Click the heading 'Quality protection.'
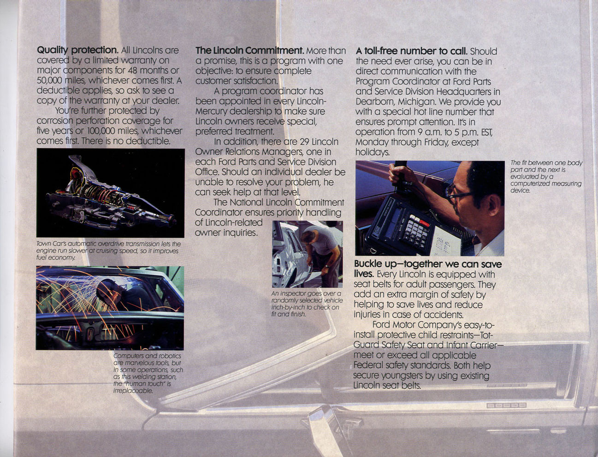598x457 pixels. (77, 51)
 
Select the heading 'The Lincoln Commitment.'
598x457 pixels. (249, 51)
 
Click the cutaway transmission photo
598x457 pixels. (110, 193)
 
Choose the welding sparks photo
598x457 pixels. (110, 308)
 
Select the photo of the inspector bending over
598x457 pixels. (308, 254)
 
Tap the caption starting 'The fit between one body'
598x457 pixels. (546, 176)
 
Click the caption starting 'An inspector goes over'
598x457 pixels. (307, 304)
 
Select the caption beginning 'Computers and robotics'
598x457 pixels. (148, 373)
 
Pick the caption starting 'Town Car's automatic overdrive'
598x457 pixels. (108, 251)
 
